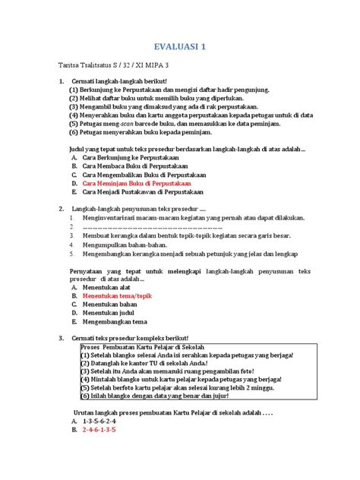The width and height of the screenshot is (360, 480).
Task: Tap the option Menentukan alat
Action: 107,288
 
